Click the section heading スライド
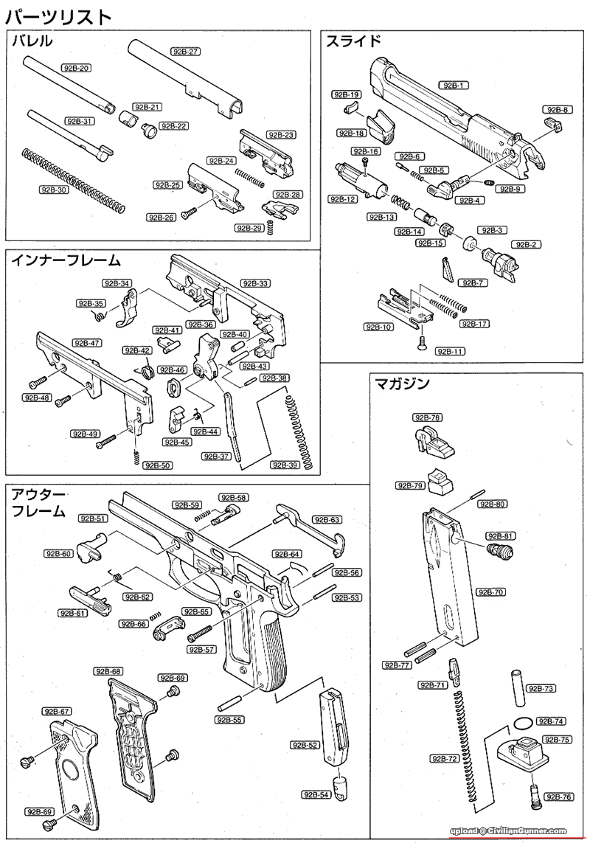354,41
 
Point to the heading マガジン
402,384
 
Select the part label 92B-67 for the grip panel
56,711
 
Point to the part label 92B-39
285,465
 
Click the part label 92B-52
305,745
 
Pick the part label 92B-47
86,343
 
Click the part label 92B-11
450,351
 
